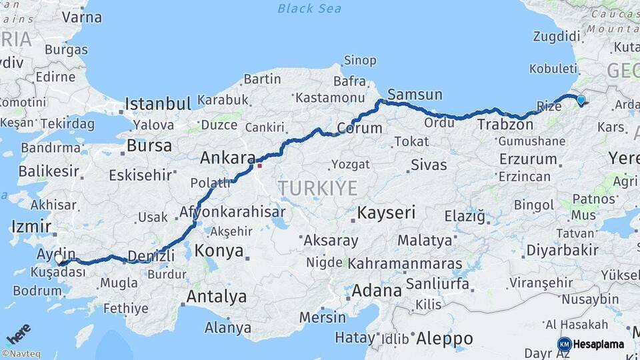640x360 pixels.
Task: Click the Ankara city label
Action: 227,158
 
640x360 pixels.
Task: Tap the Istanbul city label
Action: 158,104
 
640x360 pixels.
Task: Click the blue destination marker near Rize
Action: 581,100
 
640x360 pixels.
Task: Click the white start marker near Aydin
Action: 59,258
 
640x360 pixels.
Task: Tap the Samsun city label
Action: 414,95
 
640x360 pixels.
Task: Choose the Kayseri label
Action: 386,213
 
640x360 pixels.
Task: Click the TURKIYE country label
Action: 318,188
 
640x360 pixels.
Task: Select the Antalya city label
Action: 217,297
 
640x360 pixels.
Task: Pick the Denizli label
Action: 151,256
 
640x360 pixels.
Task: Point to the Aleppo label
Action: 444,339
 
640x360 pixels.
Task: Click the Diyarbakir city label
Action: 562,251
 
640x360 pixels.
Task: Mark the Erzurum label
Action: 527,159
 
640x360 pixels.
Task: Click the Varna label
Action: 81,17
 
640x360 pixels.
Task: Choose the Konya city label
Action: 219,251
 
